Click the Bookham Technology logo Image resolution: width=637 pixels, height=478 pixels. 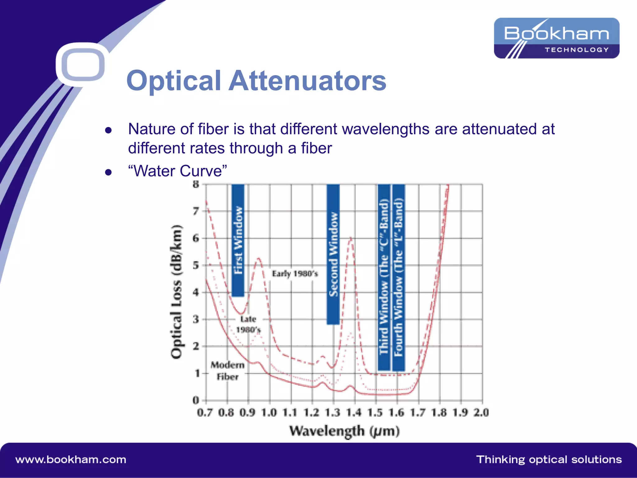pos(556,38)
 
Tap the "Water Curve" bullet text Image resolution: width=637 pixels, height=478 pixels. pos(177,171)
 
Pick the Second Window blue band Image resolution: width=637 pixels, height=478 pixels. pos(333,254)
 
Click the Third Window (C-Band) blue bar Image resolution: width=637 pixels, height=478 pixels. pos(384,277)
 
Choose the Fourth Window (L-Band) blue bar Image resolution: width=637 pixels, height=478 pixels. pos(399,277)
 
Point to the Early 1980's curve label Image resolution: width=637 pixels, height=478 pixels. pos(295,274)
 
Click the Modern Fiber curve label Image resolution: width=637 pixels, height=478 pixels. pos(227,371)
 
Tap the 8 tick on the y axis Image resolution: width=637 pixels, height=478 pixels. pos(196,184)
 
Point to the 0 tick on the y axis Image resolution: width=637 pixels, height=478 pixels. pos(196,400)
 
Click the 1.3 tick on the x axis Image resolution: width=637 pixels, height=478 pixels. pos(333,413)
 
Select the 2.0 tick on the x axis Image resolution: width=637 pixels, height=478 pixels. pos(481,413)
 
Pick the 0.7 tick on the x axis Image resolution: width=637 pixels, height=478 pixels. pos(205,413)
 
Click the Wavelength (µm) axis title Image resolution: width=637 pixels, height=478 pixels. pos(344,431)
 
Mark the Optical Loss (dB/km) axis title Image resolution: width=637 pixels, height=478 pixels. pos(177,291)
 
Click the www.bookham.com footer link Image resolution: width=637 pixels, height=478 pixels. pos(71,460)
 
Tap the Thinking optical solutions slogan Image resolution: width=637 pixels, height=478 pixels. pos(549,460)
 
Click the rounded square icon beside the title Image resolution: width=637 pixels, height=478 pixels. pos(83,64)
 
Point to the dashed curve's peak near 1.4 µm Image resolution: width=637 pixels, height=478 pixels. pos(351,238)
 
